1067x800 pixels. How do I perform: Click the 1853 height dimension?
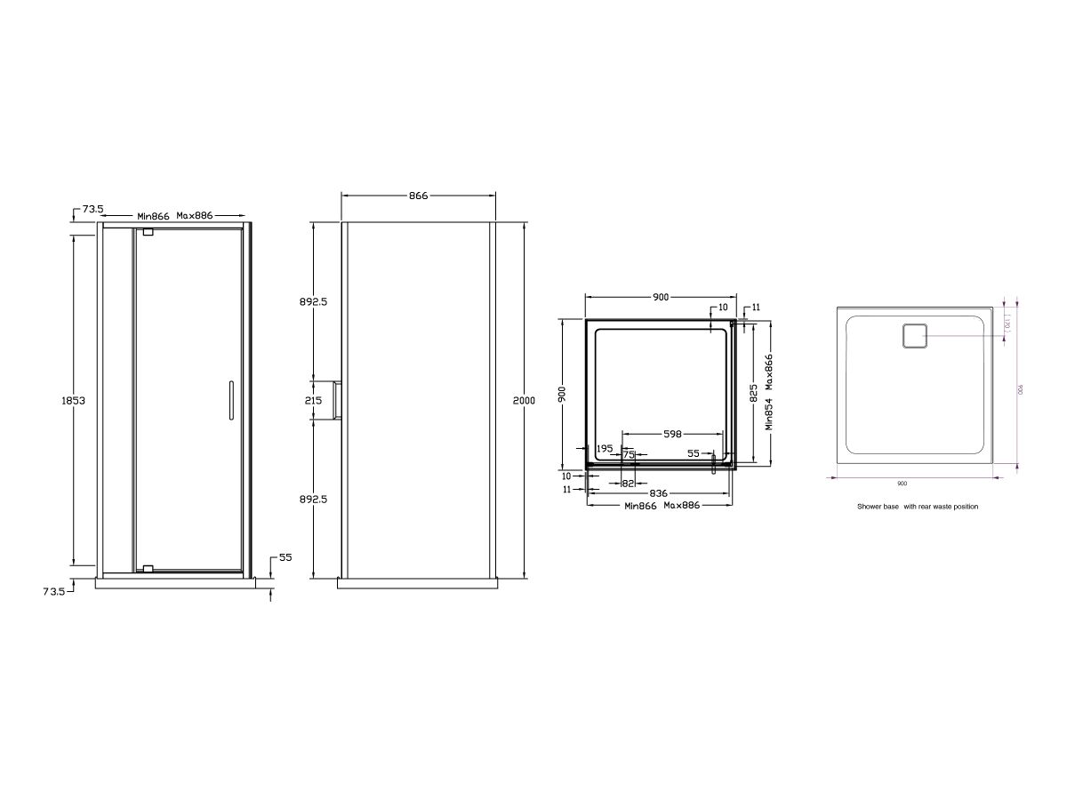click(73, 400)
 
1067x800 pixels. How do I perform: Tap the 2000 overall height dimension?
click(525, 401)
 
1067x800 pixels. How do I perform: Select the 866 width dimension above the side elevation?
click(418, 196)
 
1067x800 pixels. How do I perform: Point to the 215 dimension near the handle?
click(314, 401)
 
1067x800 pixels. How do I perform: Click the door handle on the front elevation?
click(230, 400)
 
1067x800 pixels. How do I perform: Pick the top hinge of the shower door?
click(148, 233)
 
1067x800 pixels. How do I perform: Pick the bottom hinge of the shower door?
click(148, 567)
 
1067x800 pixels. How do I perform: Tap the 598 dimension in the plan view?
click(672, 434)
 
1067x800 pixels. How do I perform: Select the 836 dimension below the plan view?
click(659, 492)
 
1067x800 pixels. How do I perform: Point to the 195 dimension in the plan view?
click(605, 448)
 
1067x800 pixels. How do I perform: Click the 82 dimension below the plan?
click(628, 483)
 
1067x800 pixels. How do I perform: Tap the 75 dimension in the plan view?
click(629, 454)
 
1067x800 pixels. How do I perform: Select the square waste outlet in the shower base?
click(915, 337)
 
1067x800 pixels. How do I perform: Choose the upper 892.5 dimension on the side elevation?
click(314, 301)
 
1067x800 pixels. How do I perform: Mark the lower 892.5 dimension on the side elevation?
click(314, 499)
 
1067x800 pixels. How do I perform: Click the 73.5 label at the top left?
click(93, 209)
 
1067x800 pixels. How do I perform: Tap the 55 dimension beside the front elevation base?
click(285, 557)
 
